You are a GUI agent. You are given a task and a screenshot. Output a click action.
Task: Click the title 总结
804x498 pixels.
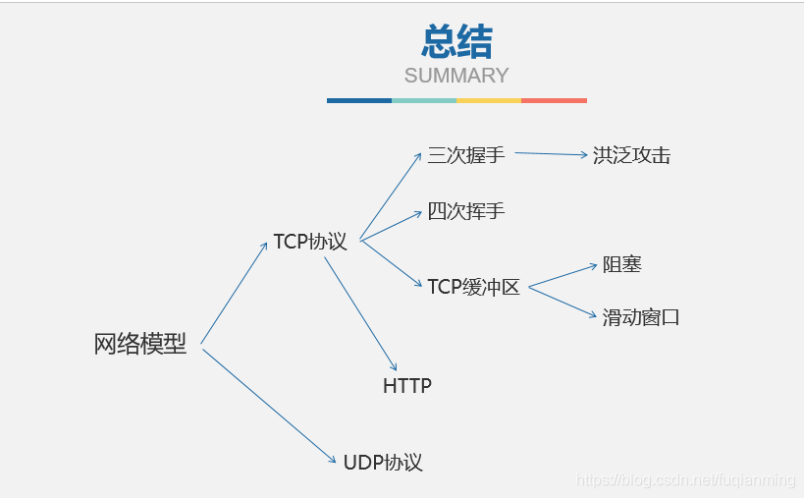(x=456, y=42)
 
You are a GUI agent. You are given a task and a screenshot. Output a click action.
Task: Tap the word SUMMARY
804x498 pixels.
(x=456, y=76)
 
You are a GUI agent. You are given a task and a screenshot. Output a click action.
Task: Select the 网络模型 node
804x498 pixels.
(x=140, y=345)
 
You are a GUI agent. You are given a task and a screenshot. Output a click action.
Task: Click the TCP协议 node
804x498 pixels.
(x=310, y=242)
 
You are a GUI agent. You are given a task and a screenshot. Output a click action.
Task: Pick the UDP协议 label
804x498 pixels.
(x=383, y=463)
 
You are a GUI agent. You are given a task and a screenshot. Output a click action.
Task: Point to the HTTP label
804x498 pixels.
(x=406, y=386)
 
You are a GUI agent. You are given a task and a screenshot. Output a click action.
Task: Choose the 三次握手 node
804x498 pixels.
(x=465, y=155)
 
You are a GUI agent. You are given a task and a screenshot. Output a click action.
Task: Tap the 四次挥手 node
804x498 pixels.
(x=465, y=211)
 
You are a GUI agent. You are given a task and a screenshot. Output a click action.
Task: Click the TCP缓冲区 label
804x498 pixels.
(x=473, y=287)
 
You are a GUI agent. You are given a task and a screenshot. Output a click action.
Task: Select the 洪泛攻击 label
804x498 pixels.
(x=631, y=155)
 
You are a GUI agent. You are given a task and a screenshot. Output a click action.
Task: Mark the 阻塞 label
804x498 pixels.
(x=622, y=264)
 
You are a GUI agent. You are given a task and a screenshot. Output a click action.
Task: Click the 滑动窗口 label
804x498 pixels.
(x=641, y=317)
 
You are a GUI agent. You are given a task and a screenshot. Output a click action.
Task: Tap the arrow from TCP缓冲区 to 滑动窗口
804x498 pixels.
(x=563, y=301)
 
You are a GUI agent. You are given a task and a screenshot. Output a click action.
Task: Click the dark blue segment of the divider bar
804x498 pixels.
(x=359, y=100)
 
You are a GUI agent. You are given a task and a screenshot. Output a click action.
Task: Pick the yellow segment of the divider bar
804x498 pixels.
(x=489, y=100)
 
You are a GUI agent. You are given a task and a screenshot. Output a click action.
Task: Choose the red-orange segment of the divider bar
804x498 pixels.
(x=554, y=100)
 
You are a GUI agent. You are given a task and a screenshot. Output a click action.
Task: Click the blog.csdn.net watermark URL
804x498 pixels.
(x=685, y=479)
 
